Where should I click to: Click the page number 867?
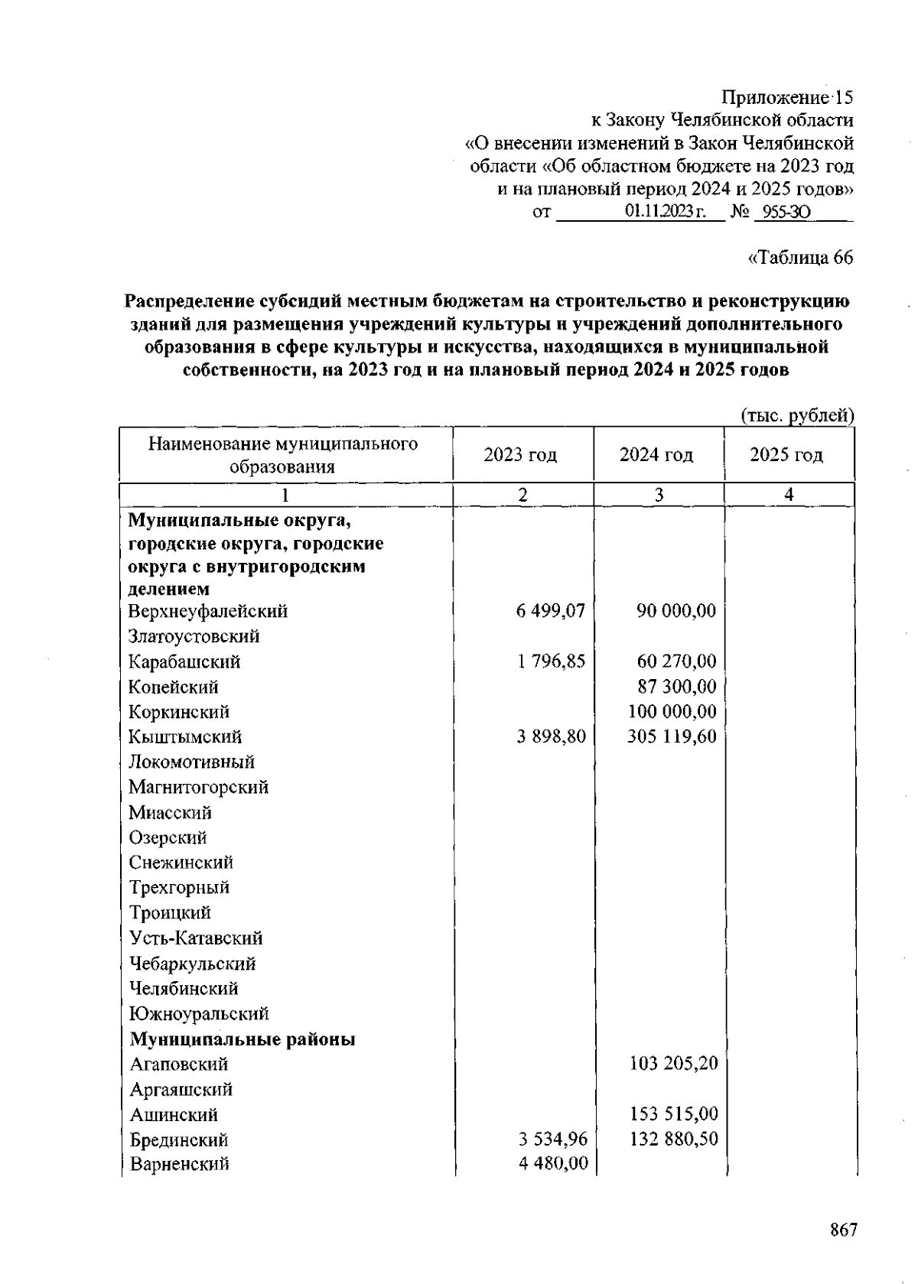tap(843, 1230)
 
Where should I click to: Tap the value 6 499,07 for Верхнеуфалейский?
tap(550, 611)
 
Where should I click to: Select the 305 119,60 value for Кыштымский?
tap(672, 736)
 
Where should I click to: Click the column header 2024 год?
tap(656, 455)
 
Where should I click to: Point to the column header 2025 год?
tap(786, 455)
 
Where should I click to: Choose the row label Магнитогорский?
tap(198, 787)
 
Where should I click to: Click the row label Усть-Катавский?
tap(196, 938)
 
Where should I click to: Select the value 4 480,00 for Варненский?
tap(552, 1163)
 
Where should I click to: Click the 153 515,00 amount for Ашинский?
tap(673, 1114)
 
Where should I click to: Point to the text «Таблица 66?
tap(799, 258)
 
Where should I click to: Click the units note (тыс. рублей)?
tap(797, 415)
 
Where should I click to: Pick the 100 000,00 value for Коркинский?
tap(672, 712)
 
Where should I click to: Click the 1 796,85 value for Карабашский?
tap(551, 662)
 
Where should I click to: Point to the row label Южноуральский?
tap(199, 1013)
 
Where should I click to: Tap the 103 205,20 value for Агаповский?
tap(673, 1063)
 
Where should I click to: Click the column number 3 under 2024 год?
tap(658, 495)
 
